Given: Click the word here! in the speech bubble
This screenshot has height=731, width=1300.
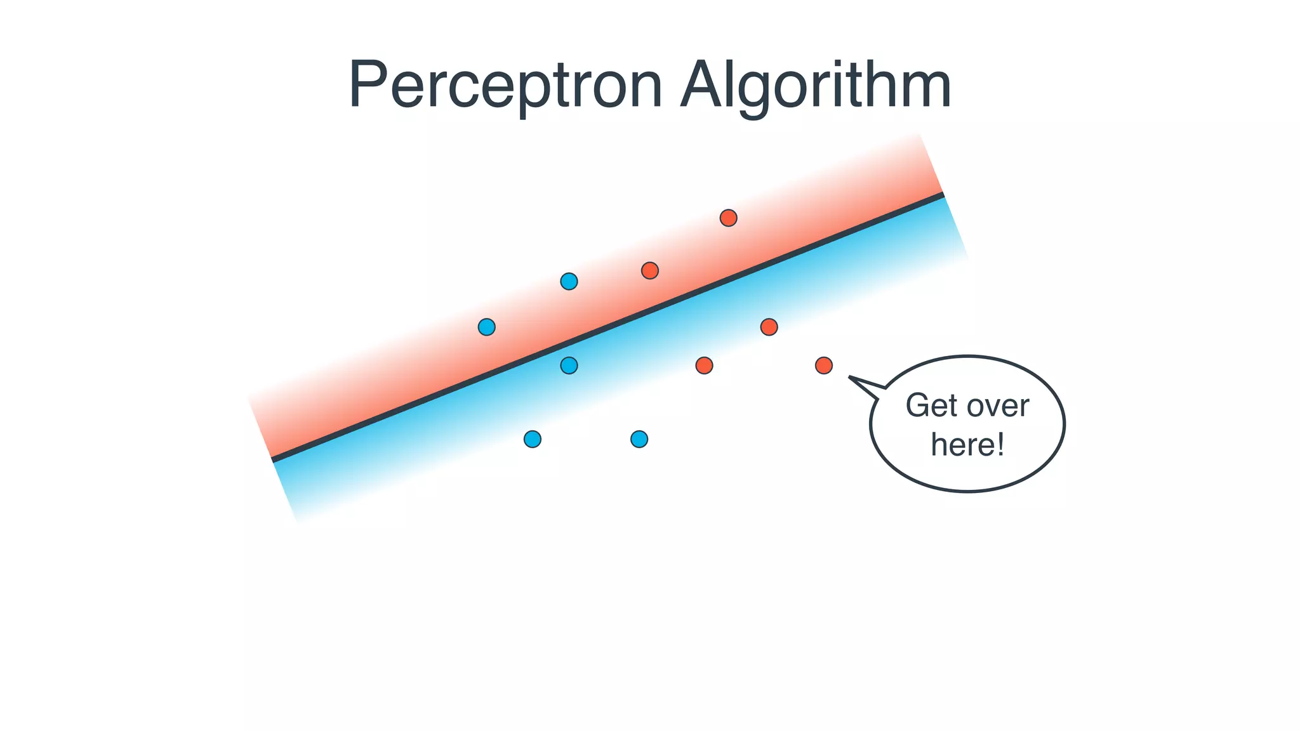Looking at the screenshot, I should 967,444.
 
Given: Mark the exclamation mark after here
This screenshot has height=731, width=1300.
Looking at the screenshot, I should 1001,443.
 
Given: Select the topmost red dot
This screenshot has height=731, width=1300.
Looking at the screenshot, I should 728,218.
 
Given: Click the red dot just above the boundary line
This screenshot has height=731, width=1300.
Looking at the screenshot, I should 649,271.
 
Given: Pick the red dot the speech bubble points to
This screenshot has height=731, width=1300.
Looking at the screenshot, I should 823,365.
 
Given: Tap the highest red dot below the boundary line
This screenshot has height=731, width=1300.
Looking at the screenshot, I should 769,327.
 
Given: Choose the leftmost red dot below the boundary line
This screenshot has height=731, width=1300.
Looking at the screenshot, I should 704,365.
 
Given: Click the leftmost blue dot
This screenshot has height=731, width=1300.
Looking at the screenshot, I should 486,327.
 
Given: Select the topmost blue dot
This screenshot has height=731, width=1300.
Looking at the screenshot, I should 569,281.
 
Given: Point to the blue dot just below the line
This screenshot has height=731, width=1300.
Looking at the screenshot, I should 569,365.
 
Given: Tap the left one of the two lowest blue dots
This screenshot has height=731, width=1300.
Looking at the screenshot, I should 532,439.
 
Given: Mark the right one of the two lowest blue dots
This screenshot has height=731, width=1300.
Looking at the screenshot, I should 639,439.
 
